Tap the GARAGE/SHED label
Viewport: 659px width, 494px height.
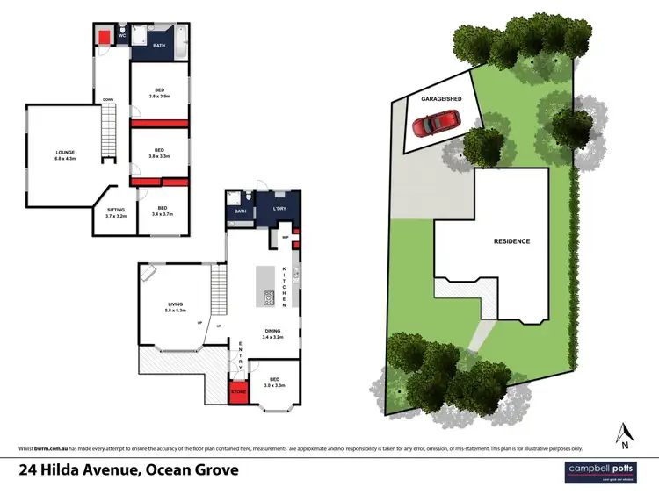(440, 100)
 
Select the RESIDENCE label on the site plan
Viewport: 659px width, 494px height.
(511, 240)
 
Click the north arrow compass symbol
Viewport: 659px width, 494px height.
(625, 433)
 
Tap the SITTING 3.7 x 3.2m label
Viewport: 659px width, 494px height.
(115, 212)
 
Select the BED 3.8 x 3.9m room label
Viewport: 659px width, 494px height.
(159, 92)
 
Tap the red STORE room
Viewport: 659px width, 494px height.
(237, 391)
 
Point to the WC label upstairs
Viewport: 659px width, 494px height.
(122, 36)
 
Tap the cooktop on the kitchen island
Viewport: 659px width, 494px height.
(268, 298)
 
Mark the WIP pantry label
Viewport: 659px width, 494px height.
(286, 237)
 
